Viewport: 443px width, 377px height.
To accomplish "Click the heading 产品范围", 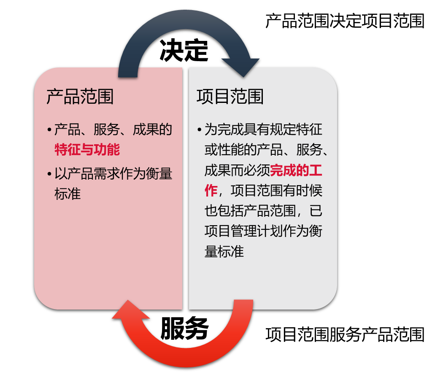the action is point(80,97).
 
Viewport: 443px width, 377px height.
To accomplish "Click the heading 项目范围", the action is point(230,97).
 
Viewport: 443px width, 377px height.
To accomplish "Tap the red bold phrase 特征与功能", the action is point(87,150).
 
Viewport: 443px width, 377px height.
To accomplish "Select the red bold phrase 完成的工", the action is point(296,170).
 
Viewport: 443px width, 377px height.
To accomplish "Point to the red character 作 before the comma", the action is point(211,190).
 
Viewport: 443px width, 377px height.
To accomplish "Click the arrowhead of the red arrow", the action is point(131,310).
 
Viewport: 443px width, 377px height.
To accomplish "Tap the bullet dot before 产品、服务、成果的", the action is point(49,129).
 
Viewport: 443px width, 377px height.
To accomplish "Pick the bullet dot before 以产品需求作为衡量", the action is point(49,174).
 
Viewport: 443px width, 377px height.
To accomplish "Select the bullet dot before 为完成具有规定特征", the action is point(200,129).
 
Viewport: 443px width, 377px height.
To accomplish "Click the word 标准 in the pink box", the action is point(68,194).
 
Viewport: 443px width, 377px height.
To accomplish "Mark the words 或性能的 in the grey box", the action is point(230,150).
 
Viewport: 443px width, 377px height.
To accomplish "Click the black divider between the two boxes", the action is point(186,190).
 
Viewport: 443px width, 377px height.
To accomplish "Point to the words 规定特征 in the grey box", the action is point(296,129).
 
